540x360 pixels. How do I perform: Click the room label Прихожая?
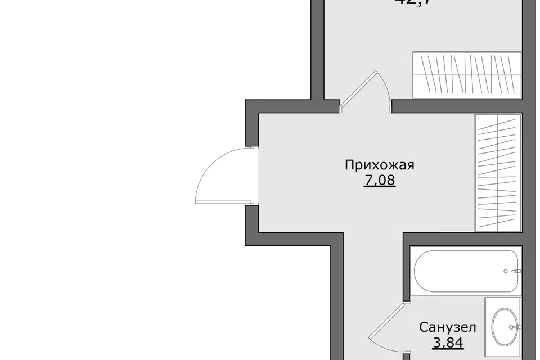[x=380, y=165]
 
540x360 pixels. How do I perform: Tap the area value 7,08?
[x=380, y=181]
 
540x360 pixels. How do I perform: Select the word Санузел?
[x=448, y=327]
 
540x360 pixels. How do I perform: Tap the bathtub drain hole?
[x=505, y=271]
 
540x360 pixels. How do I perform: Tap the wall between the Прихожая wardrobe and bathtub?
[x=467, y=238]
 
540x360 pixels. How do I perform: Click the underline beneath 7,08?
[x=380, y=188]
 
